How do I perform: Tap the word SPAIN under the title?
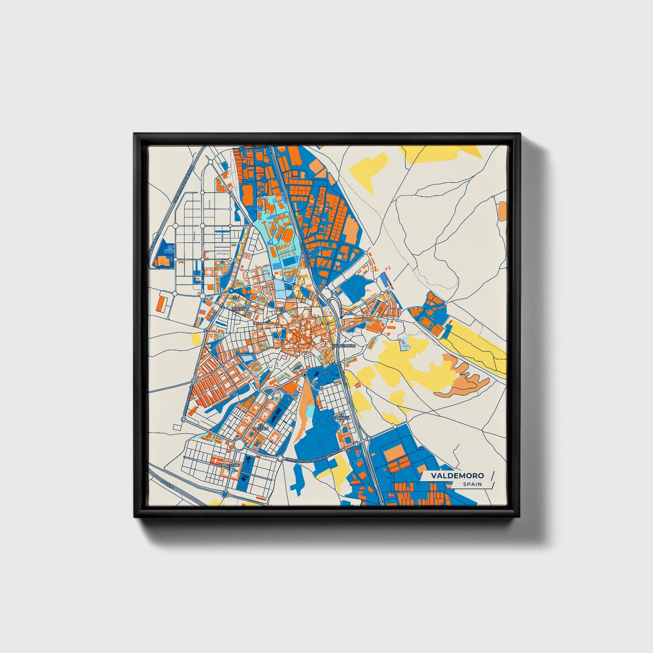pyautogui.click(x=472, y=484)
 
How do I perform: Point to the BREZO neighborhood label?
pyautogui.click(x=238, y=309)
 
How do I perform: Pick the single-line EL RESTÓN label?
pyautogui.click(x=229, y=465)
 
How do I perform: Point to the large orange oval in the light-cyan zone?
pyautogui.click(x=288, y=234)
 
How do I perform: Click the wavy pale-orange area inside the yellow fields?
pyautogui.click(x=465, y=378)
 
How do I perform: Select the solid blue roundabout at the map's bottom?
pyautogui.click(x=225, y=495)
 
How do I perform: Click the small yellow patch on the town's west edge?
pyautogui.click(x=196, y=339)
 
